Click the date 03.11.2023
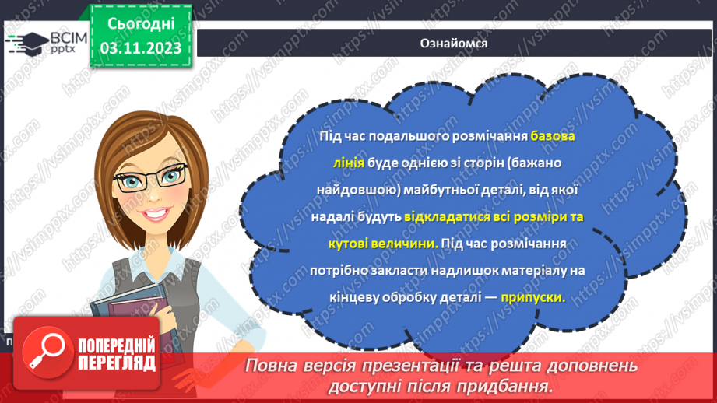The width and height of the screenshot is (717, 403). (x=141, y=48)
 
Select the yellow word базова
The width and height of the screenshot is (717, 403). (x=554, y=136)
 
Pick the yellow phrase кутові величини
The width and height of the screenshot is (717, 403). (x=381, y=243)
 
